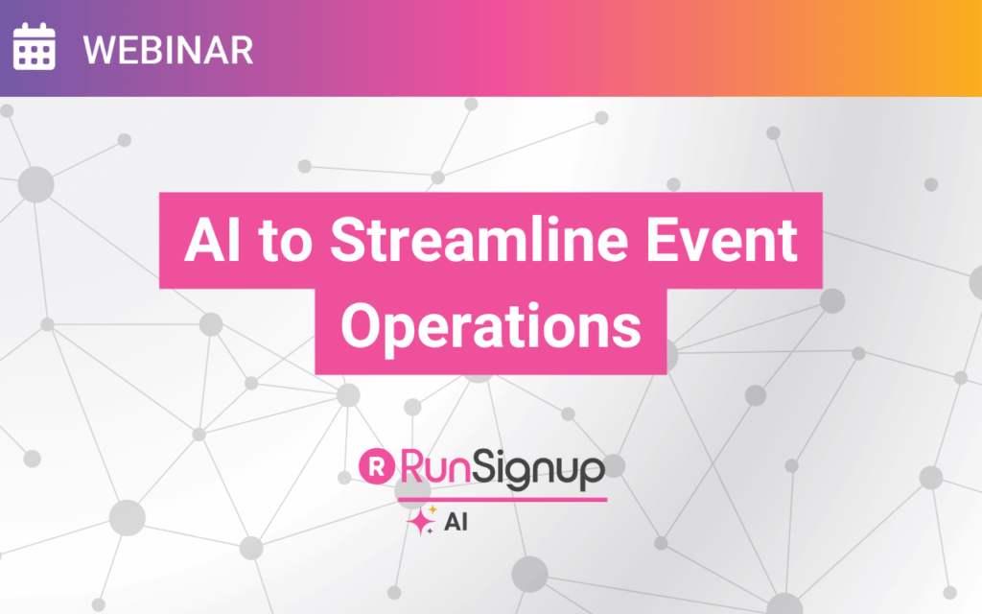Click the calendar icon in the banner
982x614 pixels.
coord(34,46)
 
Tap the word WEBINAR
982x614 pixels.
coord(168,50)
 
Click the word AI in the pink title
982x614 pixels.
coord(212,240)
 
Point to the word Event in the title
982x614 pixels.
coord(721,240)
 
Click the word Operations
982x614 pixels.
coord(491,327)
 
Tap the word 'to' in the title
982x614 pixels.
coord(285,242)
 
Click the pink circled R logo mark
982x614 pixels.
coord(376,466)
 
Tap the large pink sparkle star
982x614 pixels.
coord(419,521)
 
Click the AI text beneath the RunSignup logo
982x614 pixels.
coord(456,522)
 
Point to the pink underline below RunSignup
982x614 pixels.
coord(503,499)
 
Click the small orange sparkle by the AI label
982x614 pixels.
coord(433,509)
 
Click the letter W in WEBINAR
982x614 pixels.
coord(100,50)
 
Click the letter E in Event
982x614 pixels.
coord(662,240)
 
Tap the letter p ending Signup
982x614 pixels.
coord(593,473)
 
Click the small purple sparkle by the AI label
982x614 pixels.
coord(431,531)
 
